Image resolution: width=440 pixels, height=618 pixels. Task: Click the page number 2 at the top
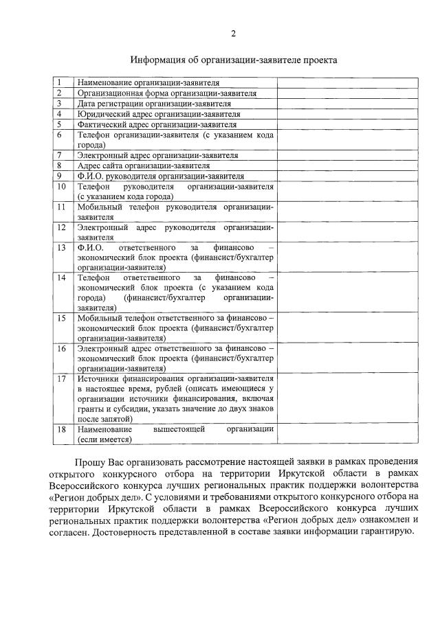coord(234,33)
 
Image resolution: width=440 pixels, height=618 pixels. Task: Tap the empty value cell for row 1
coord(347,82)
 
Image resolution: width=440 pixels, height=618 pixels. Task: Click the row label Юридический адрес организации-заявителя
coord(159,114)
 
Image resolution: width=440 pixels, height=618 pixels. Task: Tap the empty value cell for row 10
coord(347,191)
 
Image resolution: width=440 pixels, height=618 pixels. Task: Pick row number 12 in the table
coord(60,227)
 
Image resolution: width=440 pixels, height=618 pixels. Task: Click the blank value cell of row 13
coord(347,257)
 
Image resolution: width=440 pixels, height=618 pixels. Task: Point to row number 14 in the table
coord(60,277)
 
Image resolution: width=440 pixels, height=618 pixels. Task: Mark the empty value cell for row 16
coord(347,358)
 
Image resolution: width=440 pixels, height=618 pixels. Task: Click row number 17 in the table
coord(60,378)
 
